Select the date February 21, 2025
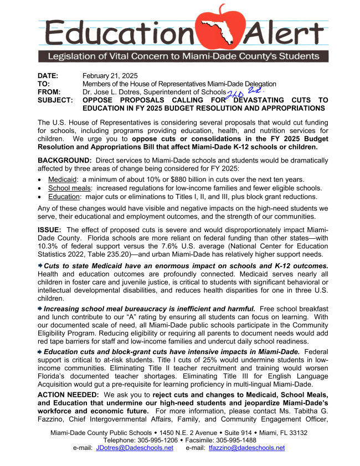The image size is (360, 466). pyautogui.click(x=110, y=75)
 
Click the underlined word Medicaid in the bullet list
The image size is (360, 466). pyautogui.click(x=62, y=180)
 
